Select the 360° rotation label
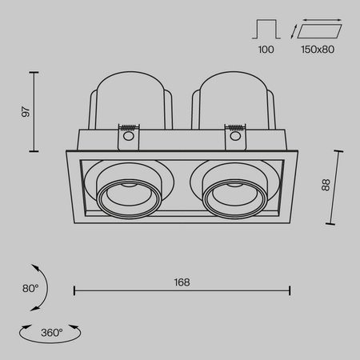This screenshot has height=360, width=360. (50, 330)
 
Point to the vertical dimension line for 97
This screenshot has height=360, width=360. (34, 112)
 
